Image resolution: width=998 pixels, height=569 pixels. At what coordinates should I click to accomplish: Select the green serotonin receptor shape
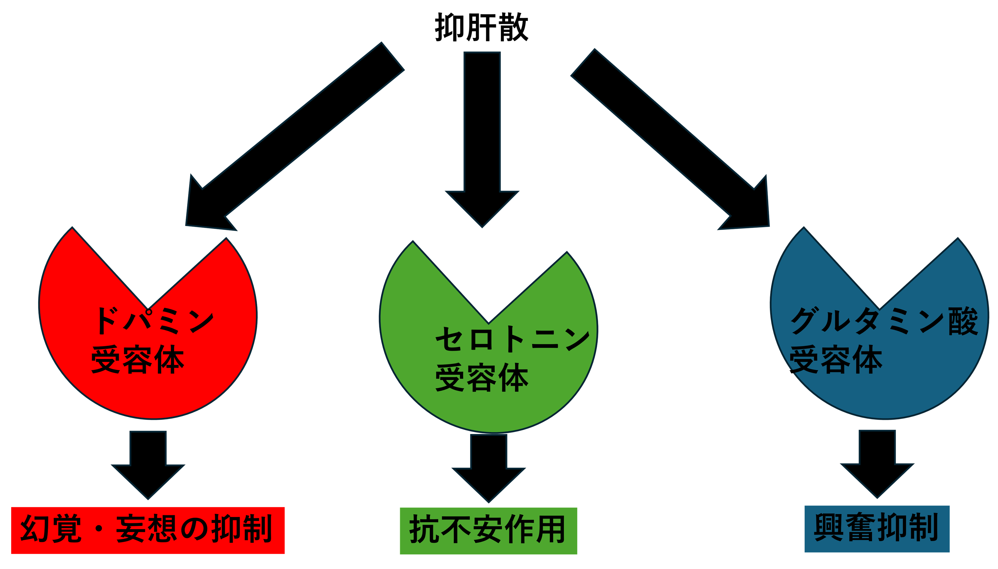tap(489, 406)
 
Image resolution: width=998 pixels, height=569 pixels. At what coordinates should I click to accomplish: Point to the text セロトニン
tap(512, 339)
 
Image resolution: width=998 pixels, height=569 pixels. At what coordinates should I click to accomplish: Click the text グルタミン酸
tap(884, 321)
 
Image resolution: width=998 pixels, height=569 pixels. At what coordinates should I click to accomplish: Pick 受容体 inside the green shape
tap(482, 378)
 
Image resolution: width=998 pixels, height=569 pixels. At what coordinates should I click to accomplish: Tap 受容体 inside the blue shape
tap(836, 360)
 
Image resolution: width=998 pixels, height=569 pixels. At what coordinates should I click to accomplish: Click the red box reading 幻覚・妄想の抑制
tap(148, 530)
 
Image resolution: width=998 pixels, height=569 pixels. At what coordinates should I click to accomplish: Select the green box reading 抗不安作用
tap(488, 531)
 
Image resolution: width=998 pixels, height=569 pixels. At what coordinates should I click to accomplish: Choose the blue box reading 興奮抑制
tap(877, 529)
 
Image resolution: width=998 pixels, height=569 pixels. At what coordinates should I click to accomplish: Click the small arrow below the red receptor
tap(148, 465)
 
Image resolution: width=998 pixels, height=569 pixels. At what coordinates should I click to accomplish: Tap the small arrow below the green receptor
tap(489, 469)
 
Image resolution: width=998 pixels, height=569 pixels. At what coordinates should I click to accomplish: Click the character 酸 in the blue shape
tap(963, 321)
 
